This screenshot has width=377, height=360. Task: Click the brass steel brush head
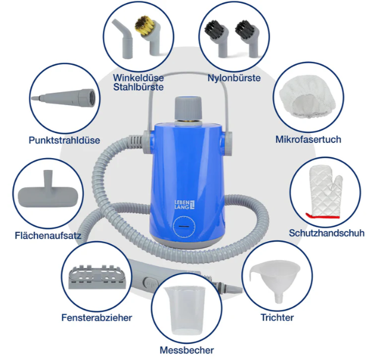(x=144, y=26)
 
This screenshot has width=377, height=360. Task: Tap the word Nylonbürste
(x=234, y=78)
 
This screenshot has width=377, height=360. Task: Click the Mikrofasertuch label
(x=308, y=139)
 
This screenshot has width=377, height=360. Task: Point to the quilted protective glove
(x=325, y=192)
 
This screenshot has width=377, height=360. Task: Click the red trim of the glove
(x=322, y=216)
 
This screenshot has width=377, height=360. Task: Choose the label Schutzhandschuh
(x=326, y=233)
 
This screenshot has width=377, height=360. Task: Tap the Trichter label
(x=277, y=317)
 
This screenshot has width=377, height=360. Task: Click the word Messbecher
(x=187, y=350)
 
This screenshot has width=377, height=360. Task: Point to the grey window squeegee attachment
(x=98, y=277)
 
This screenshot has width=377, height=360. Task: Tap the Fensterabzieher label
(x=97, y=317)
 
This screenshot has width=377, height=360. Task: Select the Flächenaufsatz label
(x=48, y=236)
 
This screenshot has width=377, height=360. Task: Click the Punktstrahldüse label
(x=64, y=140)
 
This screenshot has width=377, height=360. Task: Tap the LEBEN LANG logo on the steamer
(x=184, y=204)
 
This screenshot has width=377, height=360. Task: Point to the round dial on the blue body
(x=184, y=226)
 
